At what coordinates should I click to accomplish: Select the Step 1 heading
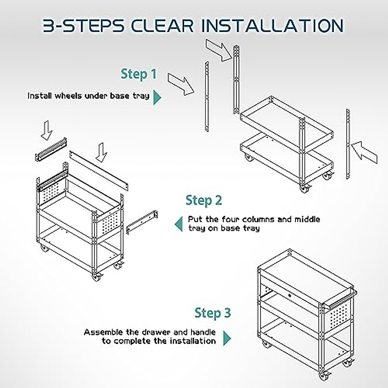(x=138, y=74)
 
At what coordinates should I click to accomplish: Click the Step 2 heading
(x=204, y=200)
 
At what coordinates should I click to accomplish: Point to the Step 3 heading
(x=212, y=313)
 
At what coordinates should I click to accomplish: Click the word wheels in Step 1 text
(x=68, y=96)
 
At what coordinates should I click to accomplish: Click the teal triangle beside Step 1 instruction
(x=157, y=97)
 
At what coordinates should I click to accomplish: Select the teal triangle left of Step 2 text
(x=178, y=224)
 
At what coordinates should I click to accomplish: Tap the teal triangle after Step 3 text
(x=227, y=339)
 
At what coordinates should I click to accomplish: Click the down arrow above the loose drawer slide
(x=47, y=130)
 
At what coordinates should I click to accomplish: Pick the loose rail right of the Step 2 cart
(x=142, y=221)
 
